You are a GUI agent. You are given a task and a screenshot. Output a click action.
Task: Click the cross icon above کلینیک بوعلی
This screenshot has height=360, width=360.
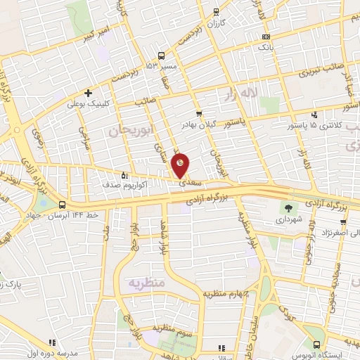click(x=88, y=93)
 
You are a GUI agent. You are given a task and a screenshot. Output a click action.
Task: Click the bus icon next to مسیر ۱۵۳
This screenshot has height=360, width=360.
click(x=162, y=56)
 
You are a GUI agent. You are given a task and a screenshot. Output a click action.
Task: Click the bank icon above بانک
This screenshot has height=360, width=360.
click(x=265, y=37)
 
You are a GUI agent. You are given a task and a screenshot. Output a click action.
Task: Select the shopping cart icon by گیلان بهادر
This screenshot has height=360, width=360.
click(x=199, y=114)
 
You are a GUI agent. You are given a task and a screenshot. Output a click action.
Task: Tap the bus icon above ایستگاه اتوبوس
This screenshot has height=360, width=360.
click(x=316, y=345)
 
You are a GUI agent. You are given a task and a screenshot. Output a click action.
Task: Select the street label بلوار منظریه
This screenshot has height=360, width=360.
click(x=250, y=232)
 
